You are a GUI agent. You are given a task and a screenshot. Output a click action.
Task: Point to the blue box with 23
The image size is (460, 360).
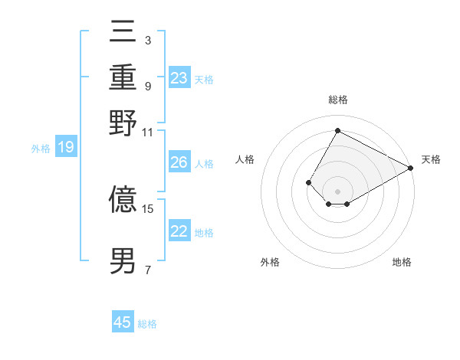click(x=179, y=77)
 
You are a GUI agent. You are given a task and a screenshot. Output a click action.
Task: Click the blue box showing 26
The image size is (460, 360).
click(x=179, y=162)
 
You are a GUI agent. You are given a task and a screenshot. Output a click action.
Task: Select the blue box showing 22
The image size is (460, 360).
click(x=179, y=231)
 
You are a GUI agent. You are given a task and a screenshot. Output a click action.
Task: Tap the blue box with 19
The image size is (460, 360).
click(x=66, y=148)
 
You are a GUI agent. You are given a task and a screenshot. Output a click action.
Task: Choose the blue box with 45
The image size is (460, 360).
click(x=123, y=322)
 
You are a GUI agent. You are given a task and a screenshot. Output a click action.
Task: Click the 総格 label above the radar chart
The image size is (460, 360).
click(x=337, y=100)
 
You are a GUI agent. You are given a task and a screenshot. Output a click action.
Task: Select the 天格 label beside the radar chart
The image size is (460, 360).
click(x=431, y=159)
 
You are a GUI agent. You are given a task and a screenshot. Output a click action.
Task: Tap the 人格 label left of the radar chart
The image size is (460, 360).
click(x=245, y=159)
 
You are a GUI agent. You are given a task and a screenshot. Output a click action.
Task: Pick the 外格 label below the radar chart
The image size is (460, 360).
click(x=270, y=262)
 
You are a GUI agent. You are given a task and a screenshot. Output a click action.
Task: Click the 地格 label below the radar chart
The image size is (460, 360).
click(x=402, y=262)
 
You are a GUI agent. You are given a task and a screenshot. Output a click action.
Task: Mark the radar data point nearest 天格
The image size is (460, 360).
click(x=411, y=168)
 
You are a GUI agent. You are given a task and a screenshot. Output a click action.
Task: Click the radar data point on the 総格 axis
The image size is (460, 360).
click(x=337, y=130)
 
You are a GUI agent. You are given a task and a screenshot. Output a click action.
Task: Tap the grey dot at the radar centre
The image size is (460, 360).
click(x=337, y=191)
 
